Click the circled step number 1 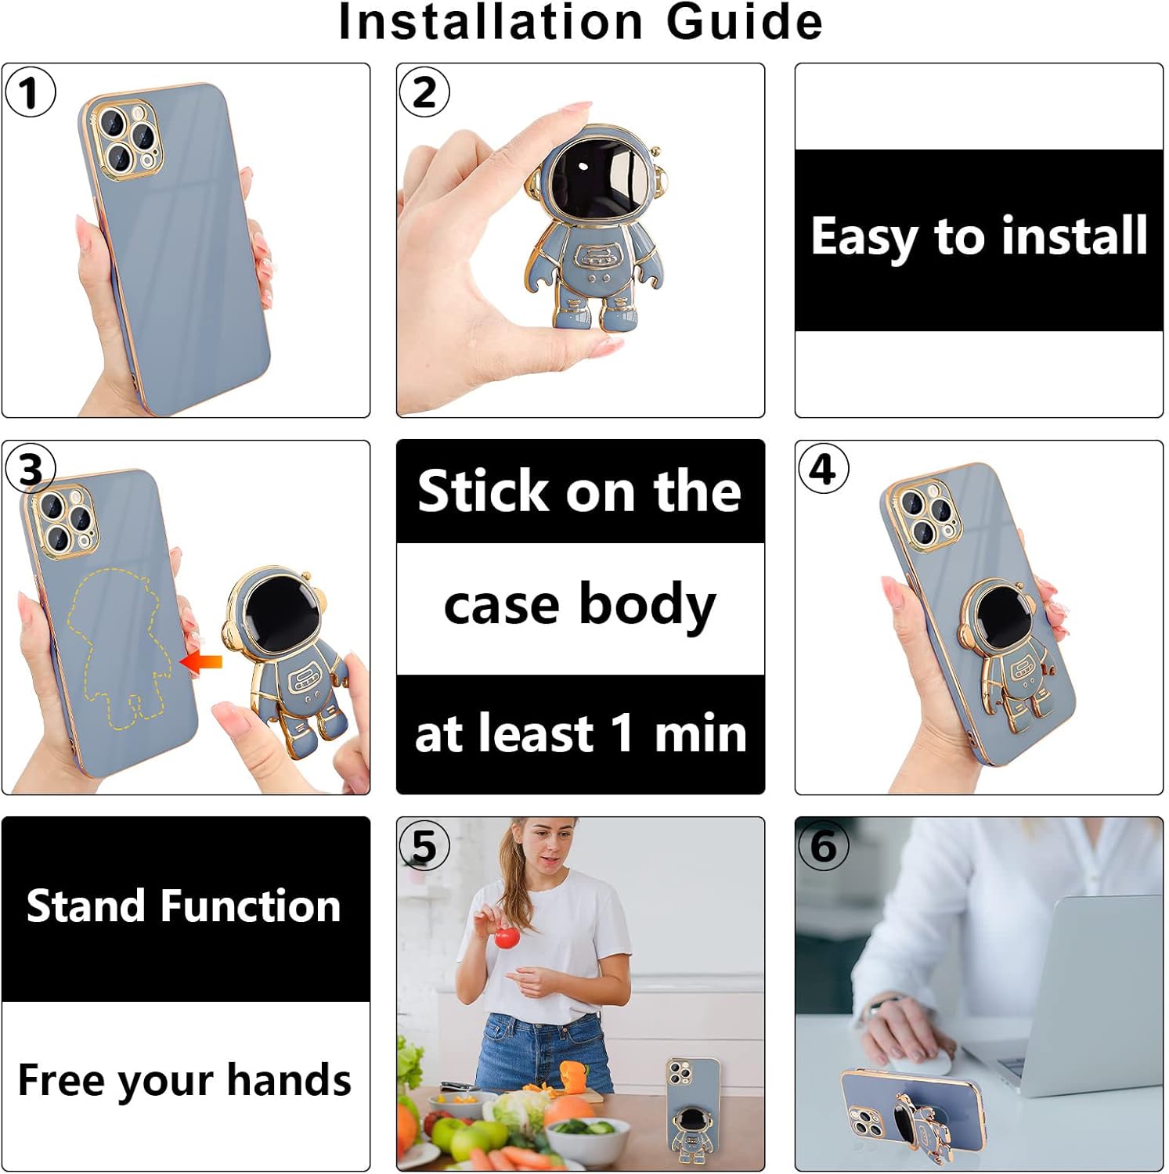tap(30, 92)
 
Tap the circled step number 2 tap(424, 92)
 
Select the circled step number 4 tap(823, 469)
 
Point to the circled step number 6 tap(823, 845)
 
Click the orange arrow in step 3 tap(202, 662)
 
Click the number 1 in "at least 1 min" tap(622, 733)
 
